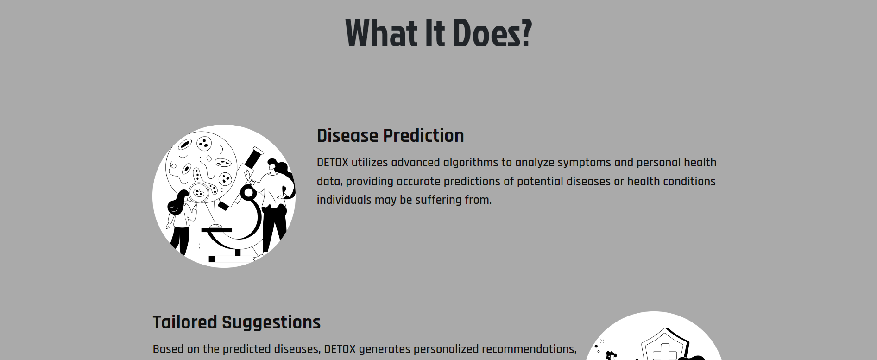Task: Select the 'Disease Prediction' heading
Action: click(390, 136)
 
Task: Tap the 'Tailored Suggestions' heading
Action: click(236, 322)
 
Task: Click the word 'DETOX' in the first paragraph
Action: click(332, 163)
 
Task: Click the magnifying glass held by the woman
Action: click(200, 192)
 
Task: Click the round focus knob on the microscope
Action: click(248, 192)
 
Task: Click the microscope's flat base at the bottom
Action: click(232, 259)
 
